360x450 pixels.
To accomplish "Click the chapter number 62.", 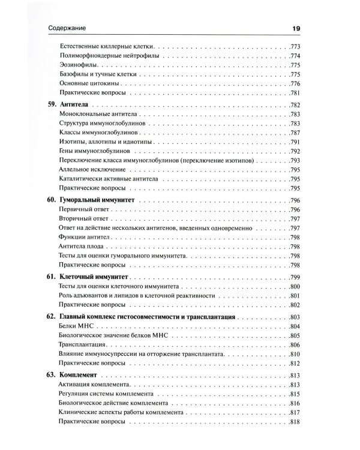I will coord(50,316).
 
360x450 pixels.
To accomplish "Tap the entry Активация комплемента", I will coord(94,383).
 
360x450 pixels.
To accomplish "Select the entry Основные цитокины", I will coord(88,83).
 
